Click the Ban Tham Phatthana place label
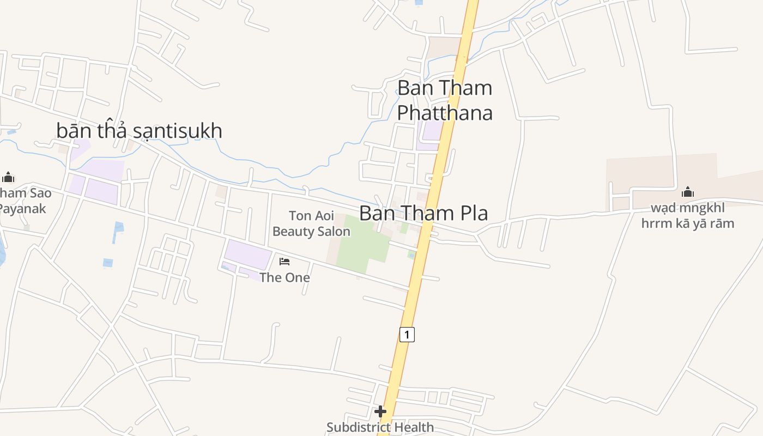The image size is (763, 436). point(445,100)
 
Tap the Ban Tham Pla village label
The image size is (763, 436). point(423,213)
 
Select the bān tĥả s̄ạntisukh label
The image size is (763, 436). point(140,131)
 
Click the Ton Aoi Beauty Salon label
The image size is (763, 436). point(311,223)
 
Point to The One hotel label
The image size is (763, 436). point(284,277)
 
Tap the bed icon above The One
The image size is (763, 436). point(284,262)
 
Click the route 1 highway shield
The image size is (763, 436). point(407,334)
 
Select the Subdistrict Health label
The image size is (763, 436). point(380,427)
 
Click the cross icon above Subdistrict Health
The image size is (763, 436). point(380,411)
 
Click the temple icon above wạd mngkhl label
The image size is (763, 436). point(688,192)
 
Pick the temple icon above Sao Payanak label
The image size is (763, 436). point(8,177)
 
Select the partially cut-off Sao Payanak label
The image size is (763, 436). point(25,201)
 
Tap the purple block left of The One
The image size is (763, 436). point(248,254)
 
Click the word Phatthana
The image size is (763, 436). point(445,113)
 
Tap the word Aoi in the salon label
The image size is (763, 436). point(324,216)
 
